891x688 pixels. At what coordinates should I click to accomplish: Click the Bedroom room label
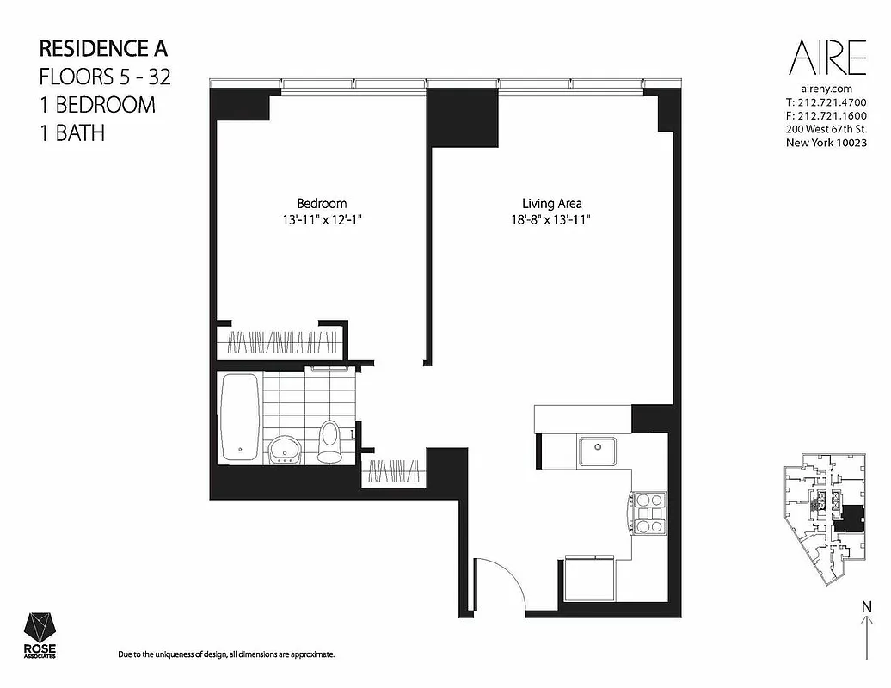pyautogui.click(x=322, y=204)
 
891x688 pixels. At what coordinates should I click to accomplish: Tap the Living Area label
pyautogui.click(x=551, y=204)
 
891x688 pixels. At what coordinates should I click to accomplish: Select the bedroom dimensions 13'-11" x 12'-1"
pyautogui.click(x=322, y=220)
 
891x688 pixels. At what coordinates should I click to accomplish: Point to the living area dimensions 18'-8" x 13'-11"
pyautogui.click(x=551, y=220)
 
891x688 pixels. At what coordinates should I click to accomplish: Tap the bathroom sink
pyautogui.click(x=284, y=448)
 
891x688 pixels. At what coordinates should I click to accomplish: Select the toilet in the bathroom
pyautogui.click(x=329, y=441)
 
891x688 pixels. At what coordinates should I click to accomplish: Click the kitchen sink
pyautogui.click(x=597, y=450)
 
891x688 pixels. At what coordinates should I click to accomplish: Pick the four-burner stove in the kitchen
pyautogui.click(x=648, y=513)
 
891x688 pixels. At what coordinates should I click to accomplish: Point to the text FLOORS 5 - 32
pyautogui.click(x=105, y=77)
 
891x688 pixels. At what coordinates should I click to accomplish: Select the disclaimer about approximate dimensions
pyautogui.click(x=225, y=655)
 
